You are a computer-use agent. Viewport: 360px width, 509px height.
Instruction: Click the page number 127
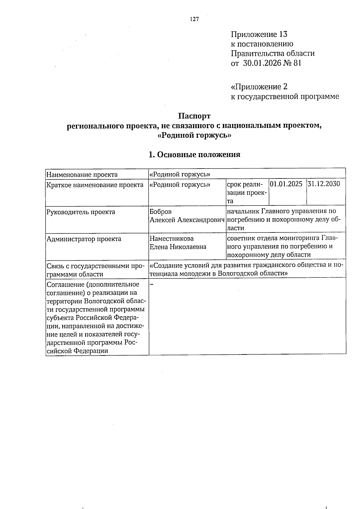[194, 19]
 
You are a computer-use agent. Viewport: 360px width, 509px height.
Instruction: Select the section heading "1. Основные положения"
[195, 155]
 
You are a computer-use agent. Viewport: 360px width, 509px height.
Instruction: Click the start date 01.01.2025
[286, 184]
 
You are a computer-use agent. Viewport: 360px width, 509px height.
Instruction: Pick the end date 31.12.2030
[324, 184]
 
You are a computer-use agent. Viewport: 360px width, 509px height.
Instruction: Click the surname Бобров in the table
[160, 212]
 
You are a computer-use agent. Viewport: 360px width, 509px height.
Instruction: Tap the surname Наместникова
[172, 239]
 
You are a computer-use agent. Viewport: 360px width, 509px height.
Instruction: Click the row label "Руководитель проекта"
[81, 212]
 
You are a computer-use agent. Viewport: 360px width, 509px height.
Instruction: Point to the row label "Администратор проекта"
[84, 239]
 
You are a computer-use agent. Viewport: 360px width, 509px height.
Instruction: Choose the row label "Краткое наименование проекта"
[95, 185]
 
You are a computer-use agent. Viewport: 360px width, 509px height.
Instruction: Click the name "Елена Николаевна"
[178, 247]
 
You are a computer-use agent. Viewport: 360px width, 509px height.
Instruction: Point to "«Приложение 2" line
[259, 87]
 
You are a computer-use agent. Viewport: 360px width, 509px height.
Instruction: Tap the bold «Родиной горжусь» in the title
[194, 135]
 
